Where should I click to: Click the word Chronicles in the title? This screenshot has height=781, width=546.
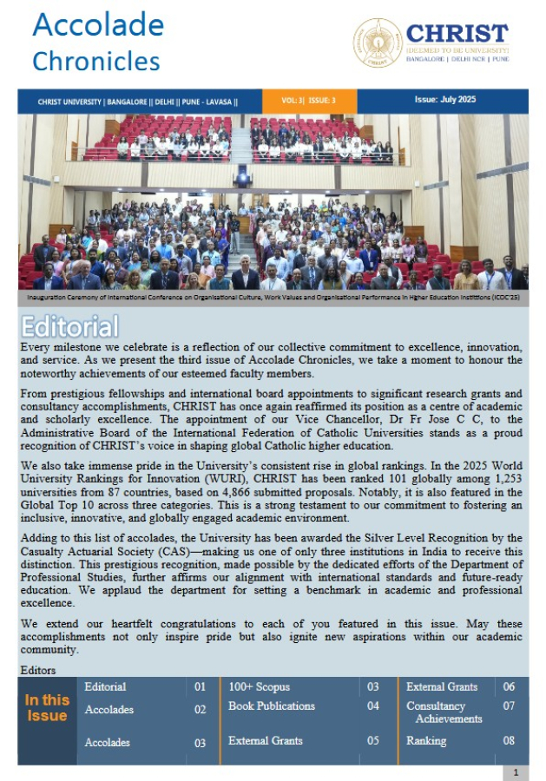(x=96, y=61)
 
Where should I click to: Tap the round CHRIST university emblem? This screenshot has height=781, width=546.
(x=377, y=43)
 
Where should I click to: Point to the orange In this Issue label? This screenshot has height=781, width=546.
(x=47, y=708)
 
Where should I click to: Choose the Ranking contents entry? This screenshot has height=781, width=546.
(x=426, y=741)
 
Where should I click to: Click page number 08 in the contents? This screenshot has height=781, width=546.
(x=509, y=741)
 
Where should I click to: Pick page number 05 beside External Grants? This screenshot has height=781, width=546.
(x=373, y=741)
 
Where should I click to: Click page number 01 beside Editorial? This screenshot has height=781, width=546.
(x=201, y=686)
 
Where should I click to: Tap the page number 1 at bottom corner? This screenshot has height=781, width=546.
(x=516, y=772)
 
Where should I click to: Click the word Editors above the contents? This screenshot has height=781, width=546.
(x=37, y=670)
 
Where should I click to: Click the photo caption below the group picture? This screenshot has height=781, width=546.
(x=273, y=296)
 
